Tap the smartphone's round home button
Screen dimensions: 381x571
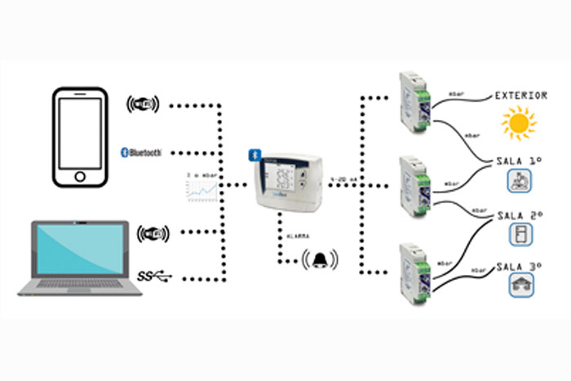pyautogui.click(x=80, y=176)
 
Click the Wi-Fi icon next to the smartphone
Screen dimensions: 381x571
pyautogui.click(x=144, y=104)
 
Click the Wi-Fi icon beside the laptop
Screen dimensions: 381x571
pyautogui.click(x=153, y=235)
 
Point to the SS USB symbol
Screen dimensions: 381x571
pyautogui.click(x=155, y=277)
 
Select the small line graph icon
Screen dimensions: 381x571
pyautogui.click(x=200, y=188)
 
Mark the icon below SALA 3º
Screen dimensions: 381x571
pyautogui.click(x=520, y=285)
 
